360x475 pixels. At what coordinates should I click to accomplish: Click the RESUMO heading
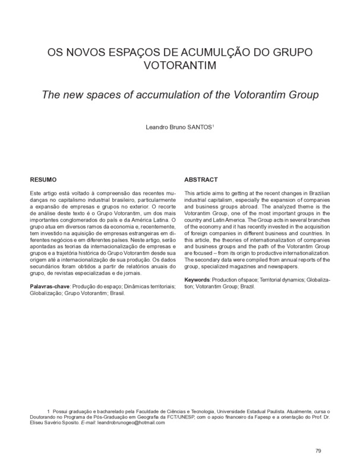coord(43,179)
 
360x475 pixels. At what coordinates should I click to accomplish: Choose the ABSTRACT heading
coord(201,179)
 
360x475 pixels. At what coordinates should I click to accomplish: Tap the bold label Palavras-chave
coord(50,287)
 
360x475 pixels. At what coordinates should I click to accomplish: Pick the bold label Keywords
coord(199,278)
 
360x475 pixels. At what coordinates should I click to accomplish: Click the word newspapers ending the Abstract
coord(280,267)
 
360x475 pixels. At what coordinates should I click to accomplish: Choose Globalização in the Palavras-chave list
coord(48,293)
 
